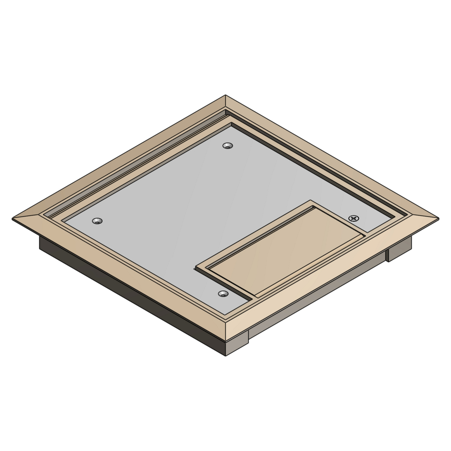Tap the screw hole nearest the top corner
coord(228,146)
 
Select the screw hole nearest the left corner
coord(97,221)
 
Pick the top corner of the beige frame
coord(226,96)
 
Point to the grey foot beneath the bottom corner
coord(238,346)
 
